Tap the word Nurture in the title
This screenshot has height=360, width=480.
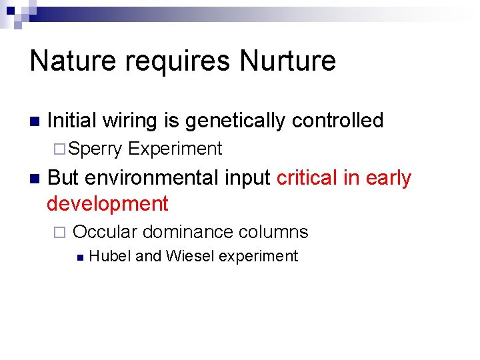[288, 61]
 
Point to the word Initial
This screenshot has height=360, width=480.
[71, 121]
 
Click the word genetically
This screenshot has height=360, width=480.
[235, 121]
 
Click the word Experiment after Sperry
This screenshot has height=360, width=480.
[175, 149]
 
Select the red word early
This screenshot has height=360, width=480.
[387, 179]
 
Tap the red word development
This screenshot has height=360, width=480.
[107, 203]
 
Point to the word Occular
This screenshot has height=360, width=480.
[105, 232]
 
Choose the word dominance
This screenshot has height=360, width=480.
[187, 232]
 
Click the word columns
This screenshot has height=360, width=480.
[273, 232]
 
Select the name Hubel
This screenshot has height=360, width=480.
[109, 256]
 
